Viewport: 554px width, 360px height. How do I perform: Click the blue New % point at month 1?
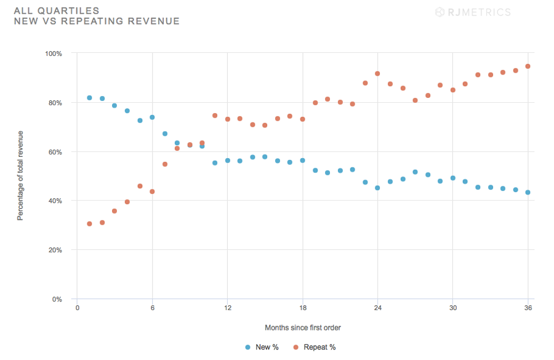(89, 98)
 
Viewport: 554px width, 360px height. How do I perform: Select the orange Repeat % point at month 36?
(528, 66)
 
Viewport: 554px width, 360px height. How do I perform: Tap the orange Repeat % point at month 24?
(377, 74)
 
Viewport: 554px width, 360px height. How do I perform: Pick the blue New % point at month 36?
(528, 193)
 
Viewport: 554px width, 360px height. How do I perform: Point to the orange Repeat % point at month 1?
(89, 224)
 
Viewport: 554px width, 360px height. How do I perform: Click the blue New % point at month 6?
(152, 118)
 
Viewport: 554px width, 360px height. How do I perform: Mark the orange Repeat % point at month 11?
(215, 116)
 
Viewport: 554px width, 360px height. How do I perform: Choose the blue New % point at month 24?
(377, 188)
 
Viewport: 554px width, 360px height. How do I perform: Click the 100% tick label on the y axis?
(54, 54)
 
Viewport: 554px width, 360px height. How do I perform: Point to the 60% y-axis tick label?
(55, 152)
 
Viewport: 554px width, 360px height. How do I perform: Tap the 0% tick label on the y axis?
(57, 299)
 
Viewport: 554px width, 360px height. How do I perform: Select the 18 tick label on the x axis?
(302, 308)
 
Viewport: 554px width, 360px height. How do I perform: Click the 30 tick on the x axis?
(452, 308)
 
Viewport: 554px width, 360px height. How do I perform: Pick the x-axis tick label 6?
(152, 308)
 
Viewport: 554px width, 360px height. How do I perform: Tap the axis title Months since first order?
(303, 328)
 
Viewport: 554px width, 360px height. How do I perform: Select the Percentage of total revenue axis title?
(20, 175)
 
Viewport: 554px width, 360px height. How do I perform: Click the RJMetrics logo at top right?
(473, 12)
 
